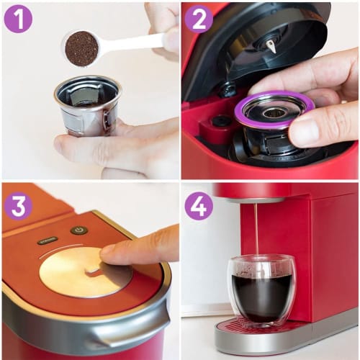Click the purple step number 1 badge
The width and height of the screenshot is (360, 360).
(x=18, y=19)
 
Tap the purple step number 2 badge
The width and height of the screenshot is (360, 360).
(x=199, y=19)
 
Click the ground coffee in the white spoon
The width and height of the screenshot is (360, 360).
(x=81, y=48)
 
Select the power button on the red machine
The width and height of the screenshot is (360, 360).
(x=78, y=230)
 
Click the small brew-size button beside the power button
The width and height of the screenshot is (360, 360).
(x=48, y=240)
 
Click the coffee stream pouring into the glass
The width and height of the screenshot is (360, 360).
(x=256, y=230)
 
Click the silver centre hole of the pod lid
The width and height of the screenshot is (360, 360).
(x=275, y=112)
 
